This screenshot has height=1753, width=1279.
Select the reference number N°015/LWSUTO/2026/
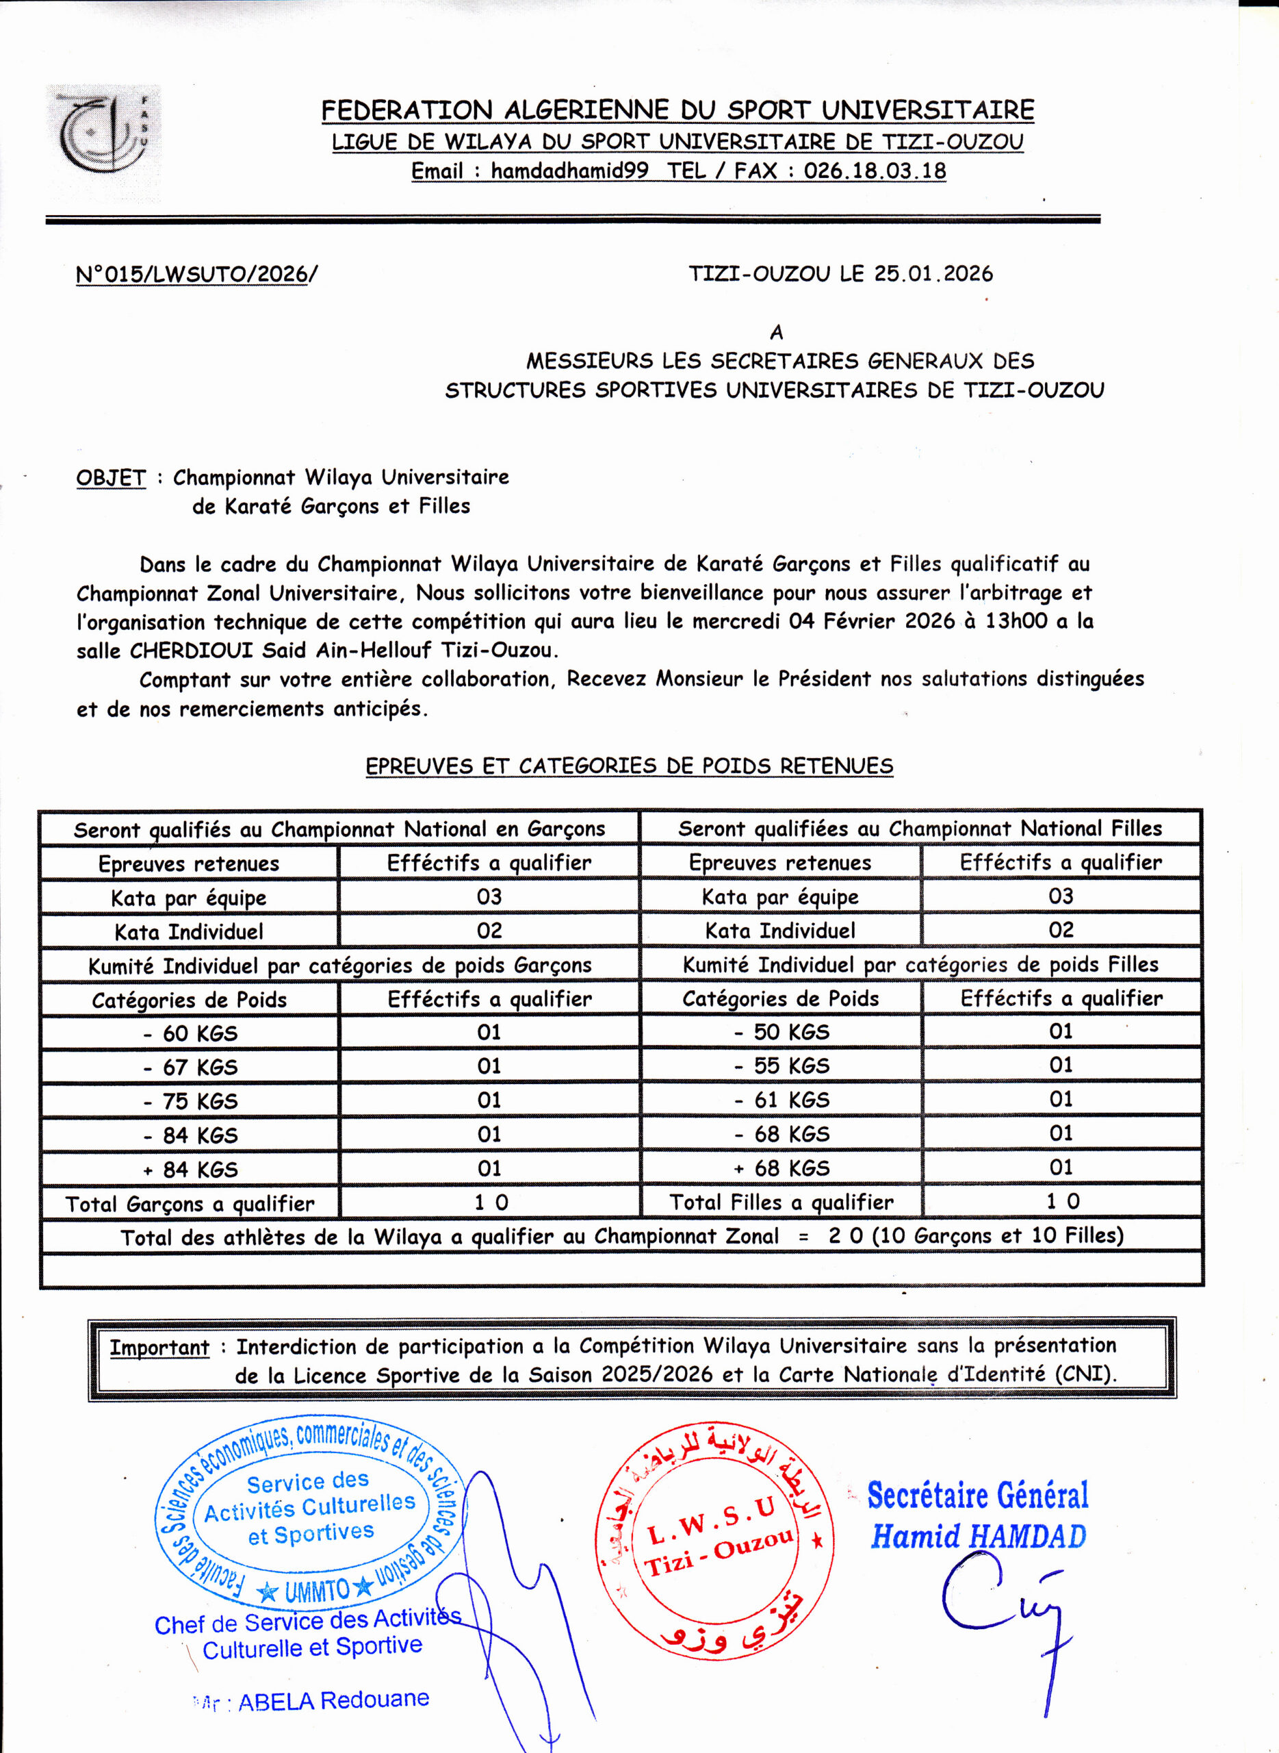coord(196,274)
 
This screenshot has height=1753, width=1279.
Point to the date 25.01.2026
coord(933,273)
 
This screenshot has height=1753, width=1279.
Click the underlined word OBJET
coord(111,477)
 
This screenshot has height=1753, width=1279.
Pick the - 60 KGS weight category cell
coord(190,1033)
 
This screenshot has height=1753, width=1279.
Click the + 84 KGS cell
coord(190,1169)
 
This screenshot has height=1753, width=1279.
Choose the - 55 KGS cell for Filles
coord(781,1066)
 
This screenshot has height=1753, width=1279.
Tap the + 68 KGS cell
coord(781,1168)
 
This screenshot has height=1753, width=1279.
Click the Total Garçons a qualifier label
coord(190,1203)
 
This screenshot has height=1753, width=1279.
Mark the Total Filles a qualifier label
coord(781,1202)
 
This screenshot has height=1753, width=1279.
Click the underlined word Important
coord(159,1347)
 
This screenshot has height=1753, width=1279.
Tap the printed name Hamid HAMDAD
coord(978,1537)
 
